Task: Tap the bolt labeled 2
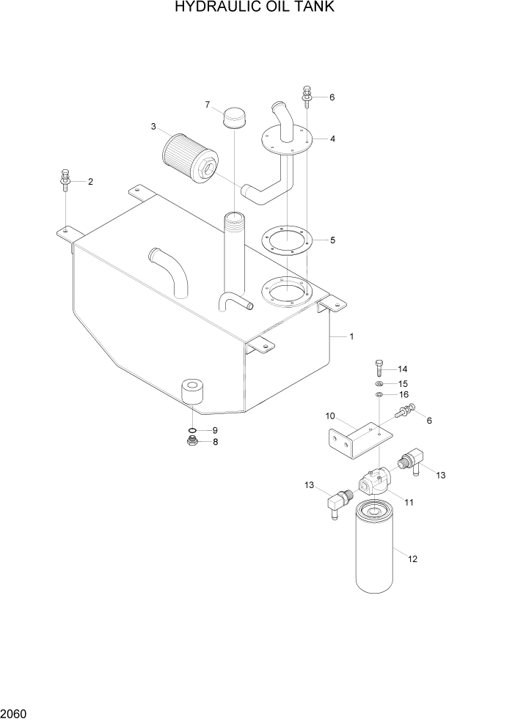[65, 180]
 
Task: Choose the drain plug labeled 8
[191, 441]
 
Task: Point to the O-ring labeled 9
[191, 430]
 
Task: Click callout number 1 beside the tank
[351, 336]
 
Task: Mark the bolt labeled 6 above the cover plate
[306, 95]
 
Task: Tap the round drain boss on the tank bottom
[193, 391]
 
